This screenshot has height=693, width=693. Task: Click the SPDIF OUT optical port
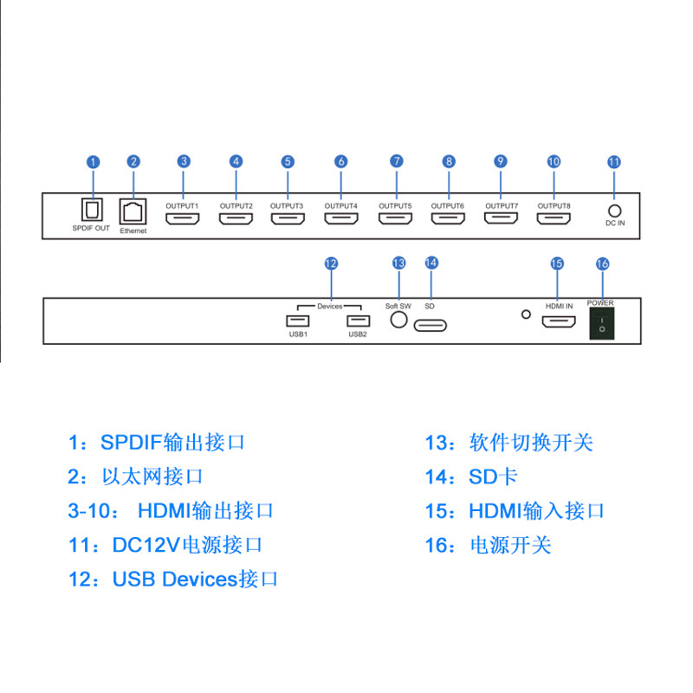pos(92,210)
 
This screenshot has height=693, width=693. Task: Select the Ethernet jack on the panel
pos(133,211)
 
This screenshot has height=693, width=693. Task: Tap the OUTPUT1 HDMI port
pos(183,218)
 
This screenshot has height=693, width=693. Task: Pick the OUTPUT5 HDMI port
pos(396,218)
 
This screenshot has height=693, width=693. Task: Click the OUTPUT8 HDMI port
pos(554,218)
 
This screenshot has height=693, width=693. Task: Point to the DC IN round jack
pos(614,210)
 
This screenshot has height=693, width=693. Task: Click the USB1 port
pos(298,322)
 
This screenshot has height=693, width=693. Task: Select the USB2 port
pos(358,322)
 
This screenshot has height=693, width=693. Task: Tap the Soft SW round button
pos(398,319)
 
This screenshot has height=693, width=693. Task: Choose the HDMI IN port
pos(559,323)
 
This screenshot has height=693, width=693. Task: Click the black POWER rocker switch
pos(602,324)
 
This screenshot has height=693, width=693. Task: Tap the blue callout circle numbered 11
pos(614,162)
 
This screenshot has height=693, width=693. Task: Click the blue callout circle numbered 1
pos(94,162)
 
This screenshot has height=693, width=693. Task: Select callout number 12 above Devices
pos(331,263)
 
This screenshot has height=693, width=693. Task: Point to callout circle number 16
pos(603,263)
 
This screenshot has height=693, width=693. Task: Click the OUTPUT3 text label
pos(287,205)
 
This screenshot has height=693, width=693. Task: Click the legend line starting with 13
pos(508,443)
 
